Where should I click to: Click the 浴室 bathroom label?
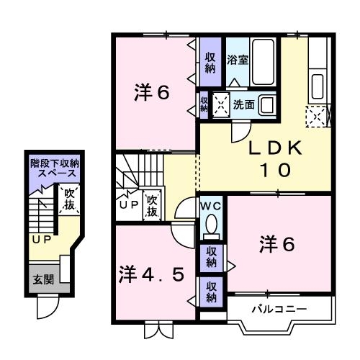pyautogui.click(x=238, y=59)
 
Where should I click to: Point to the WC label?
pyautogui.click(x=210, y=205)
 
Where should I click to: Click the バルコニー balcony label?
pyautogui.click(x=279, y=310)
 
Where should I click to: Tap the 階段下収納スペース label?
pyautogui.click(x=54, y=170)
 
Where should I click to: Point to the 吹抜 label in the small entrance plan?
pyautogui.click(x=70, y=199)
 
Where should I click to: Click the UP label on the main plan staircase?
pyautogui.click(x=127, y=204)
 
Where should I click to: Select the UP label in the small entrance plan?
pyautogui.click(x=40, y=238)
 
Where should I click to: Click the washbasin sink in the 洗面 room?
pyautogui.click(x=266, y=104)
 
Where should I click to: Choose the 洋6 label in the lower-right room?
pyautogui.click(x=276, y=244)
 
